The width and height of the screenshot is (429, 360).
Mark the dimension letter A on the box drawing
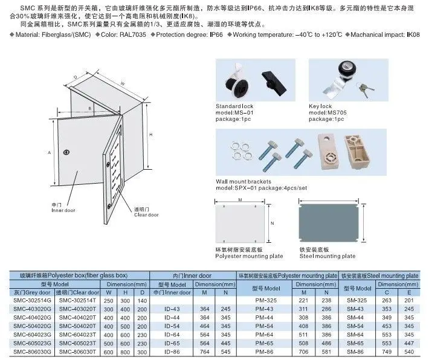tap(48, 153)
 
